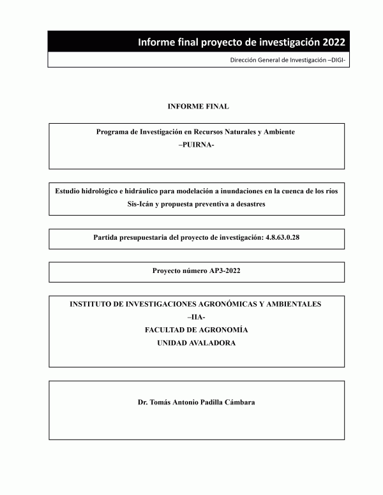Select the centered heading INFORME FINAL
[197, 106]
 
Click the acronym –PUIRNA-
[197, 144]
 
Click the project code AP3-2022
[220, 271]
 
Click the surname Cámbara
[238, 403]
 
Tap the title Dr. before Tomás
[144, 403]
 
